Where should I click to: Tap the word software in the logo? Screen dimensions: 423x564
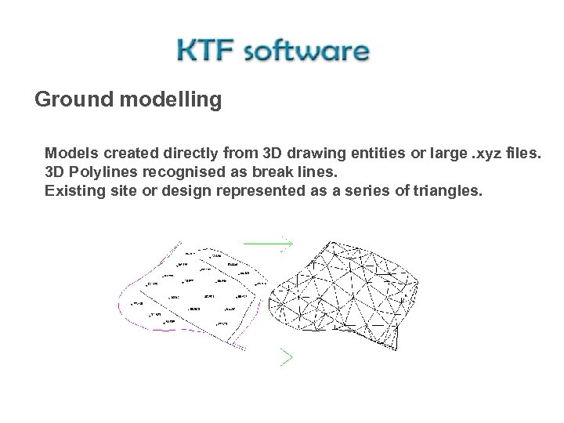point(305,52)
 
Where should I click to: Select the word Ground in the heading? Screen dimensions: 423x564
point(74,101)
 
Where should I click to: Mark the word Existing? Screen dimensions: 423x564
point(71,190)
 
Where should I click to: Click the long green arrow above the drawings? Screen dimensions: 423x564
point(268,244)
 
